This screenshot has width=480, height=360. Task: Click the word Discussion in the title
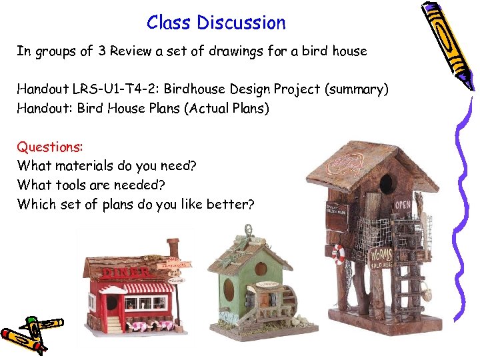point(241,23)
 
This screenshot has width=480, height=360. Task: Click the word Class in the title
point(169,23)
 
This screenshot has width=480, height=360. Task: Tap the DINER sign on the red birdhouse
point(127,271)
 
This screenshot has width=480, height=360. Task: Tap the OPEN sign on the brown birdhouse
point(402,204)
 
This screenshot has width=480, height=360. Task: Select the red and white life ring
point(339,254)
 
